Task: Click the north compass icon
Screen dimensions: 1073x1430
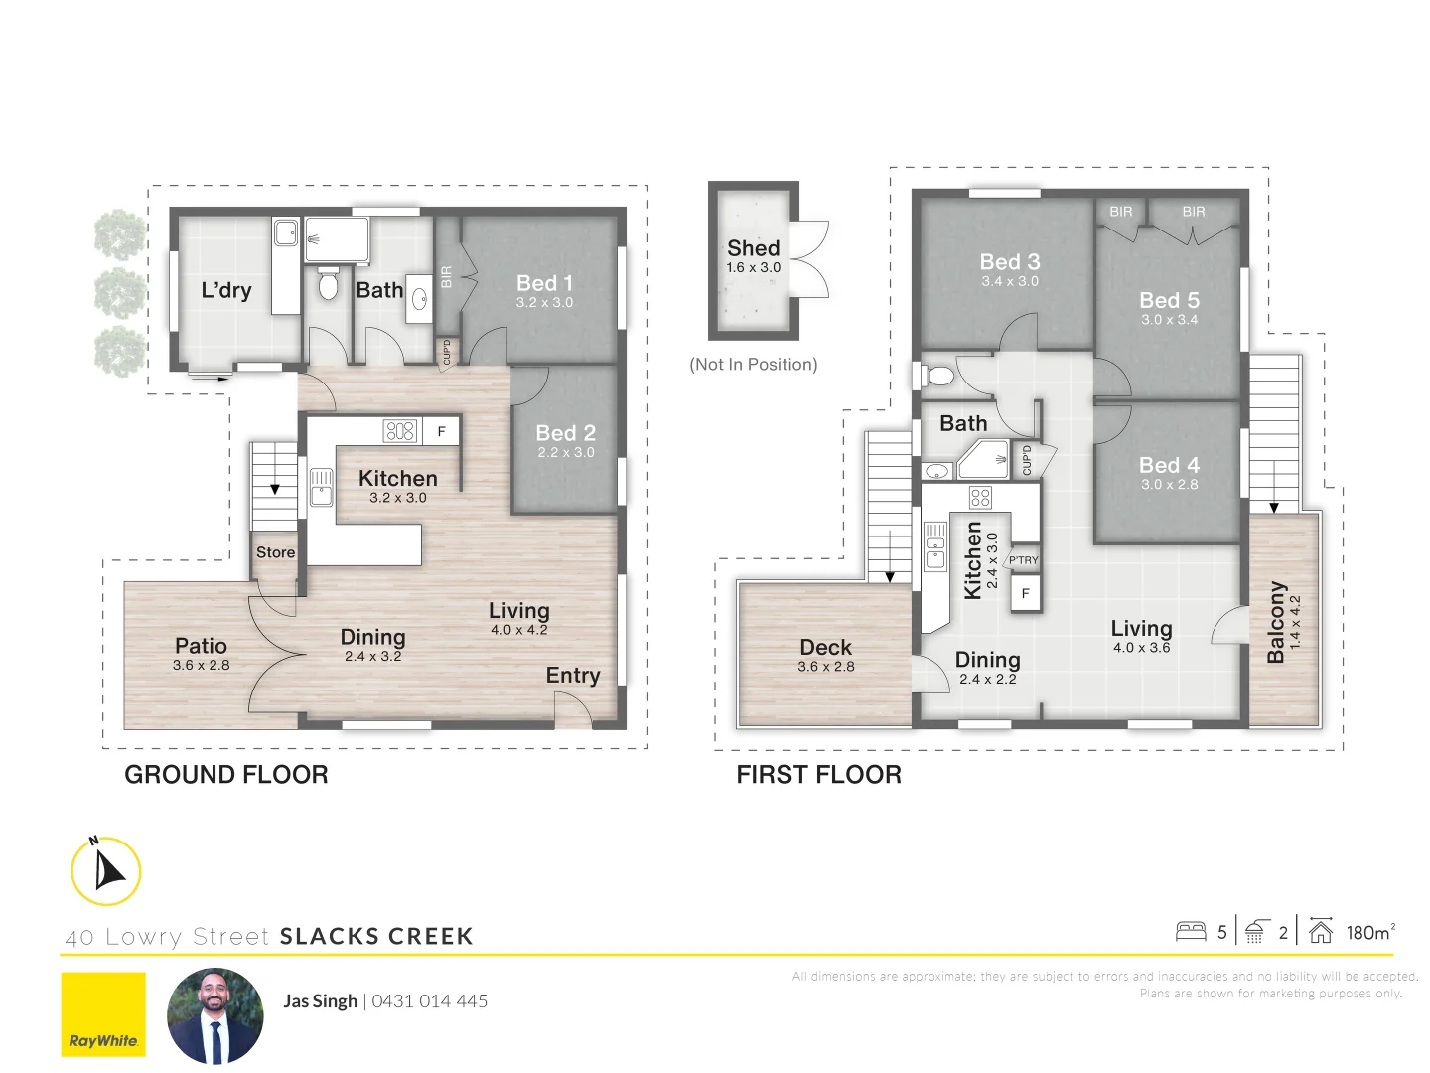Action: [x=106, y=871]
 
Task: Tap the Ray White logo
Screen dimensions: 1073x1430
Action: [x=103, y=1014]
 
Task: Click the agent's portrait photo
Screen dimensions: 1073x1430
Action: [x=215, y=1015]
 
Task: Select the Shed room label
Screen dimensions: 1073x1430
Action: [x=753, y=248]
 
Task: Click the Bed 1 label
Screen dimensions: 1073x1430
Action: [x=544, y=283]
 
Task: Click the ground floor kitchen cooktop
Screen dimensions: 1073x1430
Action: [x=399, y=431]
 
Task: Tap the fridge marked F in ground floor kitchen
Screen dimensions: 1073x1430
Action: [x=441, y=431]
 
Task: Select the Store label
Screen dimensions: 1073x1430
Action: [x=275, y=552]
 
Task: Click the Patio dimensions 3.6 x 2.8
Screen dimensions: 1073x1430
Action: [x=201, y=666]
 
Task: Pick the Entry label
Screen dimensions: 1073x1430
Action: [x=573, y=676]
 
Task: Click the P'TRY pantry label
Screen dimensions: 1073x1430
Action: [x=1024, y=560]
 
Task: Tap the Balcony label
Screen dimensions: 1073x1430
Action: [x=1276, y=622]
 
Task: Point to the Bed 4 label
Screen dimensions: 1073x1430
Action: [x=1169, y=465]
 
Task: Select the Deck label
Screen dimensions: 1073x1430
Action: [x=825, y=647]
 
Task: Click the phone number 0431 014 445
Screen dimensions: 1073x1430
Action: [x=430, y=1001]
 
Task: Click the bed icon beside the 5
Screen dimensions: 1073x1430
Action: [x=1191, y=932]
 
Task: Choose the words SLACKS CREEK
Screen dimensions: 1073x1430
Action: [x=376, y=936]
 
